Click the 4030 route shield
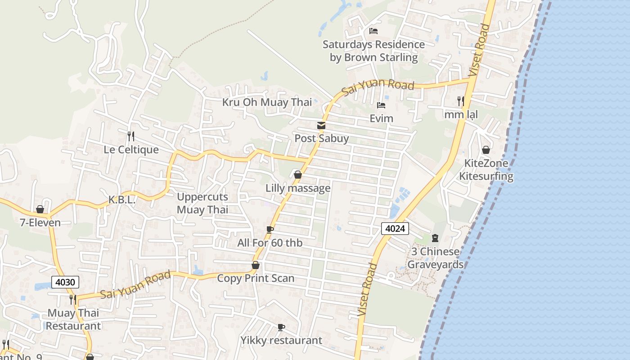tap(65, 282)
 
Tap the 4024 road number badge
tap(395, 229)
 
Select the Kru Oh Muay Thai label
tap(267, 102)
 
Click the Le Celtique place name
tap(131, 149)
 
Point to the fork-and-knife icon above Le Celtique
tap(131, 136)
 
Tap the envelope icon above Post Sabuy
tap(321, 126)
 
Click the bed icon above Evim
tap(381, 106)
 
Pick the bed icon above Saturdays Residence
tap(373, 31)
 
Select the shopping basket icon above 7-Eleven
tap(40, 209)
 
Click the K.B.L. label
tap(122, 200)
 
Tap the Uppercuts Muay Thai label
tap(202, 203)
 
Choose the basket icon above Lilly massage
tap(297, 175)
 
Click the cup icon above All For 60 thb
tap(270, 230)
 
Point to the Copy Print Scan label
tap(256, 278)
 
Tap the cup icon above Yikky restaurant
tap(281, 327)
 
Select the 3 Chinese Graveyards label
tap(435, 258)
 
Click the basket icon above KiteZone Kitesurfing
tap(486, 150)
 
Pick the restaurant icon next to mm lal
tap(460, 101)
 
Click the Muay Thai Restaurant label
tap(73, 319)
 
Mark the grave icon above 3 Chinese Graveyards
tap(435, 238)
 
